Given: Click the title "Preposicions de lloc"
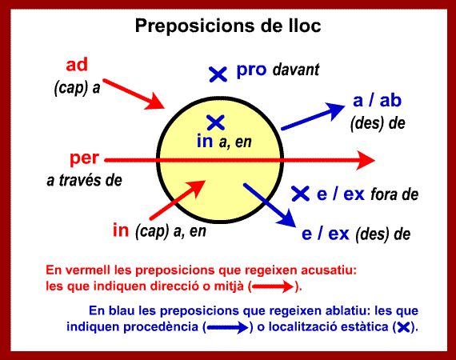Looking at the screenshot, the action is point(228,26).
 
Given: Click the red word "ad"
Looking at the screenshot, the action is point(77,65).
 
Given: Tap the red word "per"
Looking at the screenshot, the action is point(84,158).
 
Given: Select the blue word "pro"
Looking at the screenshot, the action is point(251,70).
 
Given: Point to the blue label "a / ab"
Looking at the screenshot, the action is point(377,100).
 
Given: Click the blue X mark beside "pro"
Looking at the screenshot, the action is point(218,74).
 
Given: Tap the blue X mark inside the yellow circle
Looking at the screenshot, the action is point(215,122).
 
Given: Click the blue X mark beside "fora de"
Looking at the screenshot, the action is point(301,194).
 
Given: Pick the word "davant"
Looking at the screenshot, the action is point(296,70).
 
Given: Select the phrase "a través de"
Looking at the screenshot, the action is point(84,180).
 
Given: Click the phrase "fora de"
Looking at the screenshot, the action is point(394,194).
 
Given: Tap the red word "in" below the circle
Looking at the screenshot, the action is point(121,230).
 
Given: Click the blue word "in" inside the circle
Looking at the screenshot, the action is point(205,141).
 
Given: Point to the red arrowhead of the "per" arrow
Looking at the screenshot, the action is point(366,160).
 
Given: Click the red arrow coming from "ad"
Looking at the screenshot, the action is point(134,94).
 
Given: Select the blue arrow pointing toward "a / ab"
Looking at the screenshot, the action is point(313,116).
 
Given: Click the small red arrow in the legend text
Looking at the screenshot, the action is point(273,286).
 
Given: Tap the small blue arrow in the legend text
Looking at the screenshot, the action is point(228,327).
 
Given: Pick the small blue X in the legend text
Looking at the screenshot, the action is point(404,327).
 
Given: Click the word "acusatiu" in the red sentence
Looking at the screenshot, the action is point(329,270).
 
